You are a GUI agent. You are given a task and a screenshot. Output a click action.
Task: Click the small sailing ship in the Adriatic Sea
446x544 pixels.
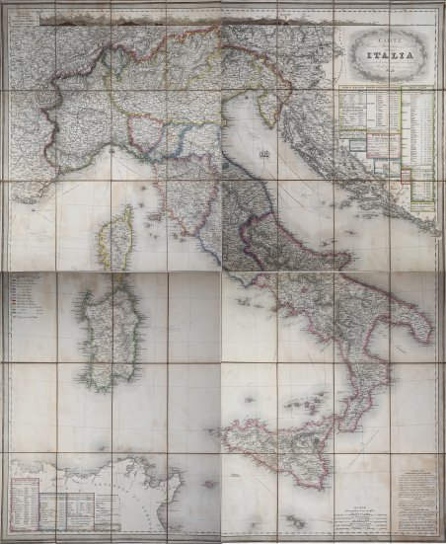(x=262, y=154)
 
